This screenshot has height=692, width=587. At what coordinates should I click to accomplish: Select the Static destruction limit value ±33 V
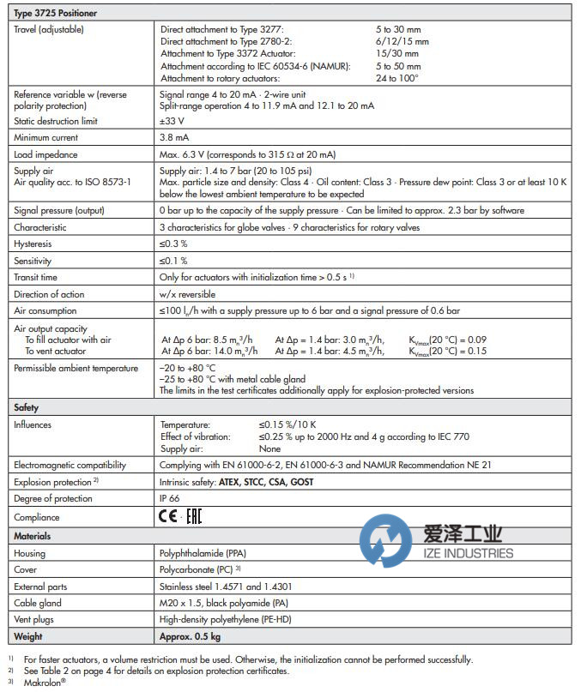tap(172, 121)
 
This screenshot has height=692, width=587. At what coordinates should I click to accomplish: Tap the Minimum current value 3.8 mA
tap(175, 137)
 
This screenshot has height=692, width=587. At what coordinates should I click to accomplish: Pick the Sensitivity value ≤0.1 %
tap(172, 261)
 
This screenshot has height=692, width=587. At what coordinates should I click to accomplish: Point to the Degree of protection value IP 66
tap(171, 499)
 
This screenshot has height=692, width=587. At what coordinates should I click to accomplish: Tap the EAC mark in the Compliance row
tap(194, 517)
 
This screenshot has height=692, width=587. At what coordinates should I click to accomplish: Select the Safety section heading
tap(26, 407)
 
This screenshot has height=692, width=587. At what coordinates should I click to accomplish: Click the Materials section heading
tap(33, 536)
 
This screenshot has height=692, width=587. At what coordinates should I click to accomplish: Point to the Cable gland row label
tap(38, 603)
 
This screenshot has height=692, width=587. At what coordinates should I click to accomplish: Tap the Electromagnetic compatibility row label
tap(70, 465)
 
